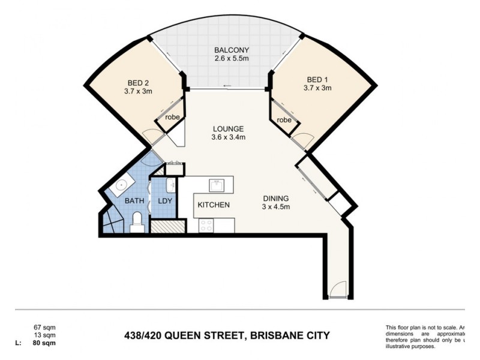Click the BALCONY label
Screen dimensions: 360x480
232,50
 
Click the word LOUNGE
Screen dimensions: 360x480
228,128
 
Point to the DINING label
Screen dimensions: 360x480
275,199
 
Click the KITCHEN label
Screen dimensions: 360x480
214,205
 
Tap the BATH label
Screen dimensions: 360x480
133,202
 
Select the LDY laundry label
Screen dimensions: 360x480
164,202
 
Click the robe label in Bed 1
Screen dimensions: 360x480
284,120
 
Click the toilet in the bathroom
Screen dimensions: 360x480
136,221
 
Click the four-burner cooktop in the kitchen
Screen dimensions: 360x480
206,225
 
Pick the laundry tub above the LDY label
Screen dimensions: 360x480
170,184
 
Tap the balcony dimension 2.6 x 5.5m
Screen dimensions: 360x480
232,58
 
